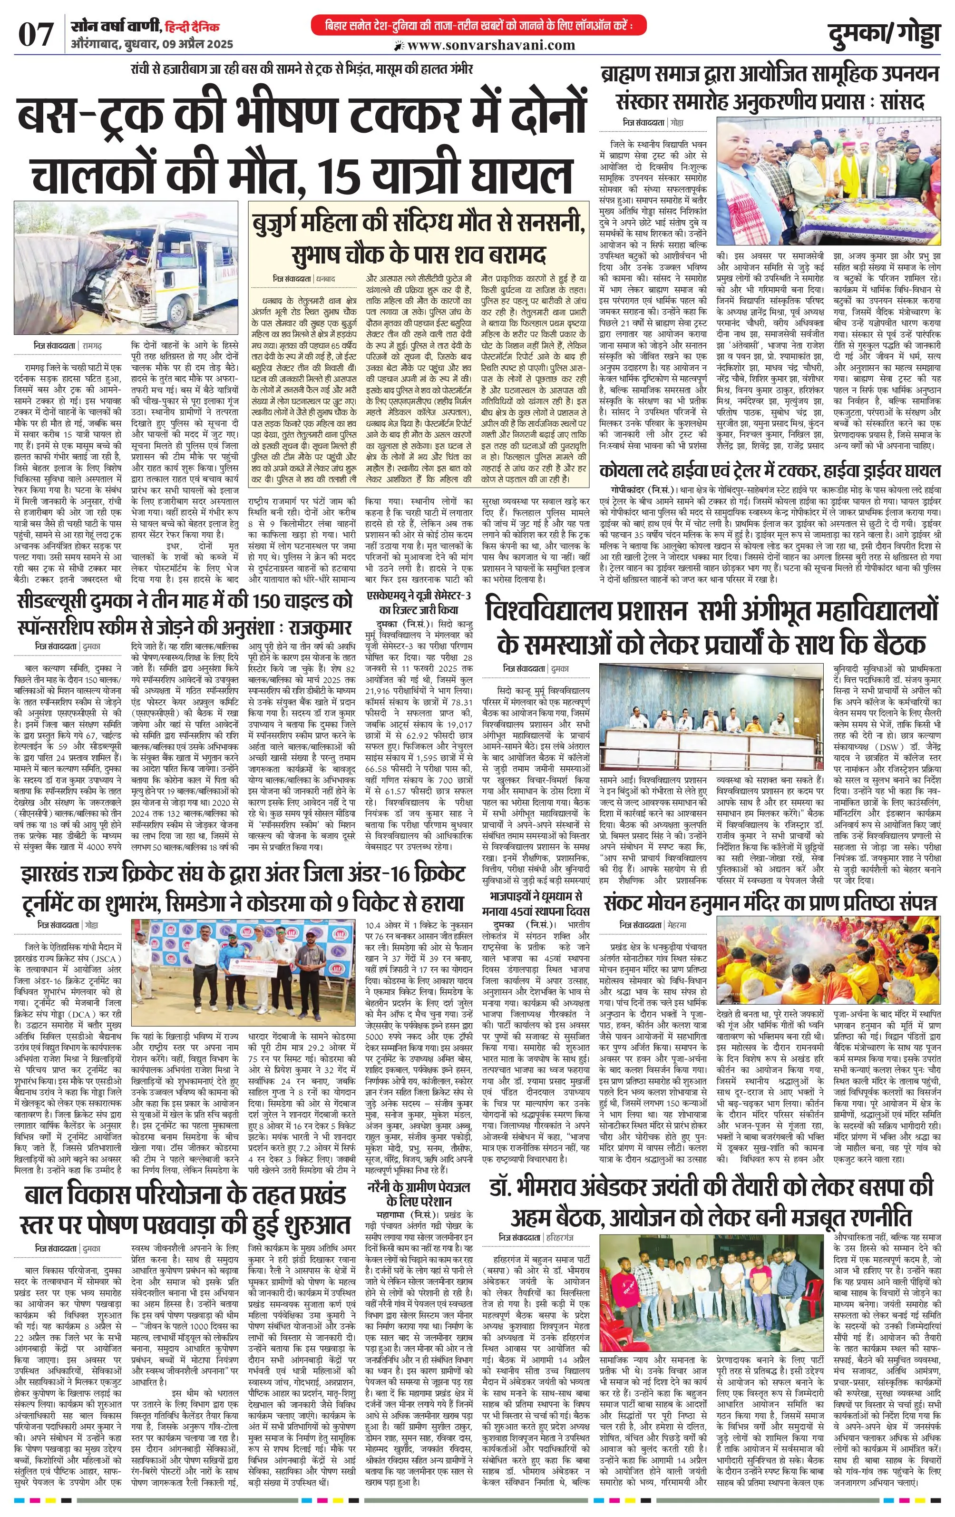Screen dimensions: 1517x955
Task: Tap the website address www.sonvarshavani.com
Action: point(491,45)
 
